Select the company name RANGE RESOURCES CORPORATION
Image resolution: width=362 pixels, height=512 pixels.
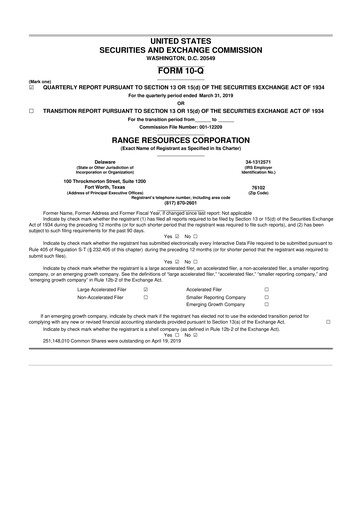pos(181,141)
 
